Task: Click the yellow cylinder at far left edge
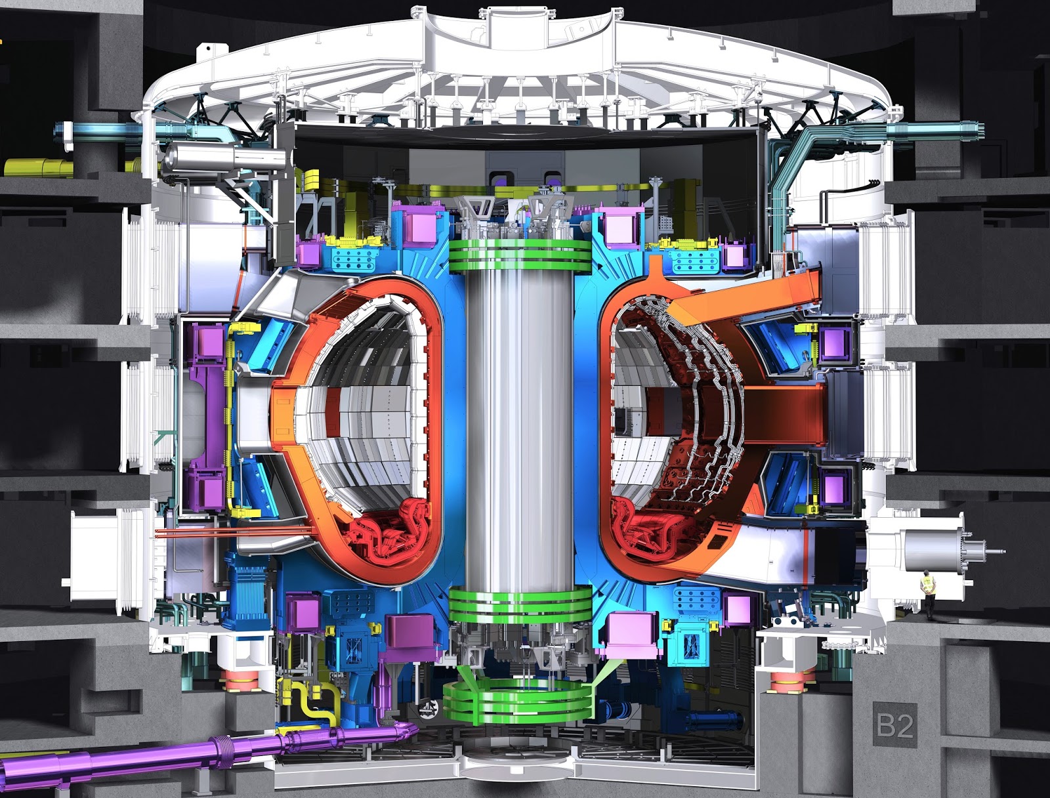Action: tap(36, 167)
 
